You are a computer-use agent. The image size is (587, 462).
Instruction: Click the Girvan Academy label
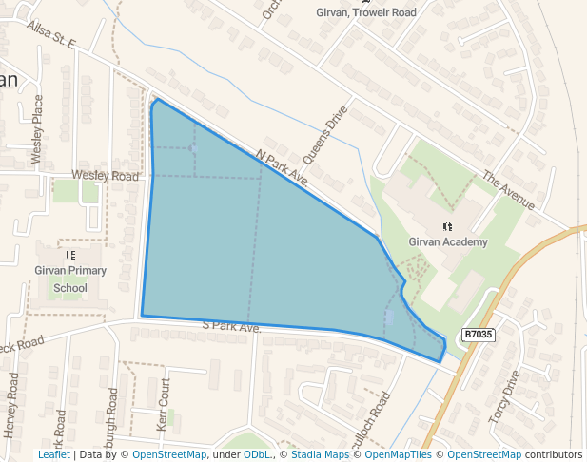point(448,242)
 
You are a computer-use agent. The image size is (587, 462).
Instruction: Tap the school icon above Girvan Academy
point(448,226)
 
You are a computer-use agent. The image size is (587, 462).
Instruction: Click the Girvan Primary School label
point(70,279)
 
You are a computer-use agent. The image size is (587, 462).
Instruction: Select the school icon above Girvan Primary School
point(70,255)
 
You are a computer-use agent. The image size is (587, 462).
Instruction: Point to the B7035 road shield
point(479,335)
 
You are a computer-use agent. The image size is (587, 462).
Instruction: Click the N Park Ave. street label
point(283,166)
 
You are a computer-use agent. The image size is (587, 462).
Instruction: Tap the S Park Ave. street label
point(231,326)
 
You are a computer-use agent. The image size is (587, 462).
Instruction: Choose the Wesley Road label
point(106,176)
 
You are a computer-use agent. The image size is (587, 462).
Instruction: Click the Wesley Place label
point(38,129)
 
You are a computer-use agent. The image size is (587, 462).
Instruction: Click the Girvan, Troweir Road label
point(366,12)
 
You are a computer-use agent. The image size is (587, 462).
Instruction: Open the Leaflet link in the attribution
point(53,454)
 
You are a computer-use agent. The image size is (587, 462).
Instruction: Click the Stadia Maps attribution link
point(319,454)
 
